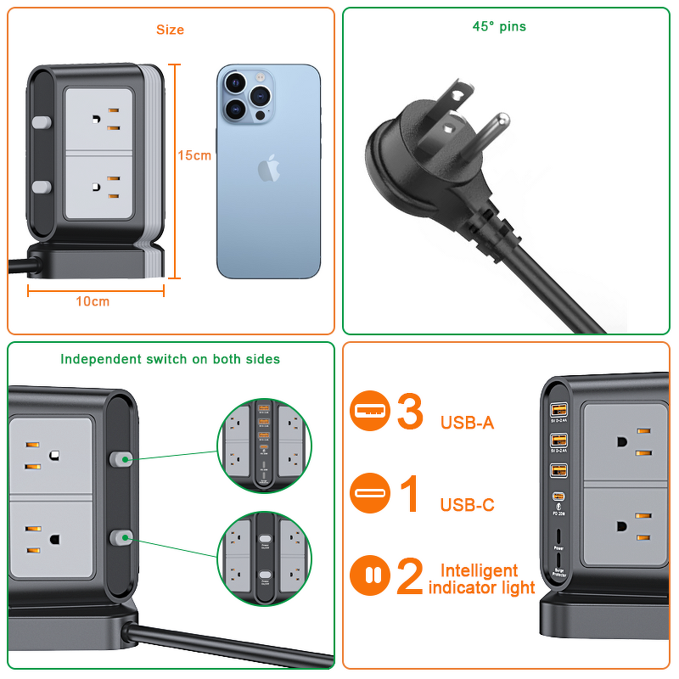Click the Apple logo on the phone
268,166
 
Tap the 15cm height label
194,155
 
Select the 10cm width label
93,301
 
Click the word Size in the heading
170,30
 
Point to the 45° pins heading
499,26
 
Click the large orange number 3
410,412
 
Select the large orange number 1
410,495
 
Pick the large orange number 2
410,577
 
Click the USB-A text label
467,423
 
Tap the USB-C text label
467,505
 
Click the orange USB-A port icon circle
370,412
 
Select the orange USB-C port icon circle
370,494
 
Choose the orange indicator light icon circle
370,576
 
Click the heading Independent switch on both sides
170,359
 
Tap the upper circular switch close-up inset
263,445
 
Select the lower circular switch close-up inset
263,558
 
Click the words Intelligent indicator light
481,579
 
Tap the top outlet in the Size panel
99,118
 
